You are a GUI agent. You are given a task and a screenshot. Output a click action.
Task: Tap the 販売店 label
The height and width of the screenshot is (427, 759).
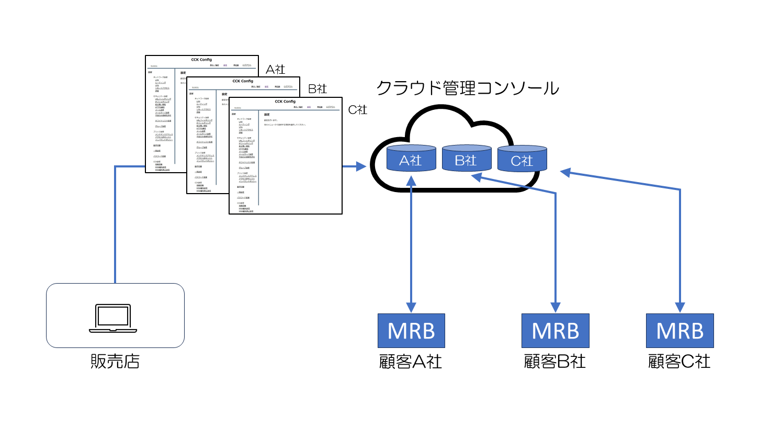coord(115,361)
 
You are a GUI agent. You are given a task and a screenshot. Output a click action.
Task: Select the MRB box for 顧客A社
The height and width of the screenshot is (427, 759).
coord(411,331)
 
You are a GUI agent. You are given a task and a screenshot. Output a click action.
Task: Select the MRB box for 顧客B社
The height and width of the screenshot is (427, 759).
coord(555,331)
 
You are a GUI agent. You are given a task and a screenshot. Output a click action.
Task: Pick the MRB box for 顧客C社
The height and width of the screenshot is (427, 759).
coord(680,331)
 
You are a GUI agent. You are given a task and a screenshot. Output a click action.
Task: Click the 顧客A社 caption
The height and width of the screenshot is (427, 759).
coord(411,362)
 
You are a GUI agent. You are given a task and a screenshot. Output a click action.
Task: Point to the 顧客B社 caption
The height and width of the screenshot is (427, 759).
coord(555,362)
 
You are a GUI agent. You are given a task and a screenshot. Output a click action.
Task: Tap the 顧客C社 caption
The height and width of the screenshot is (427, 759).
coord(679,362)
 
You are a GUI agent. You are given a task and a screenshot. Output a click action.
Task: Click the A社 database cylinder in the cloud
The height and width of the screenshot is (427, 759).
coord(411,159)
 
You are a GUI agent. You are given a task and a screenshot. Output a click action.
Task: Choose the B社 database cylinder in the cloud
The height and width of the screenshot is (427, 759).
coord(467,159)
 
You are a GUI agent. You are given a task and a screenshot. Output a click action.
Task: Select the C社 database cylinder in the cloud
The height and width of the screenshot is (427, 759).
coord(522,159)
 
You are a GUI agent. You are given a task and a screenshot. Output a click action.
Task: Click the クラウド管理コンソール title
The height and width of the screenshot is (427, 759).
coord(468,87)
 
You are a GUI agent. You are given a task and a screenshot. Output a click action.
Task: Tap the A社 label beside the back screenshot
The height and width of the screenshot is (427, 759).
coord(275,69)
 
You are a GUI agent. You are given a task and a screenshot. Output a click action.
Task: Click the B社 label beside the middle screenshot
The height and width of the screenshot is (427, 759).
coord(317,89)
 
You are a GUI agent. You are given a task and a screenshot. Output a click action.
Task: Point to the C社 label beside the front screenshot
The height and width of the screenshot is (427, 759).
coord(358,109)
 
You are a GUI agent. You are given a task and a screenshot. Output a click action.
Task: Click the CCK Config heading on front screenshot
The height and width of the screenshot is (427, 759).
coord(285,102)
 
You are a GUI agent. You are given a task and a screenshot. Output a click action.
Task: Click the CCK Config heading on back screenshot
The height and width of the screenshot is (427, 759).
coord(201,60)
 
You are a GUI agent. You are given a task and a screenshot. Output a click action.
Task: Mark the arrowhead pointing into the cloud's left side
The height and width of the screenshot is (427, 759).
coord(360,167)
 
